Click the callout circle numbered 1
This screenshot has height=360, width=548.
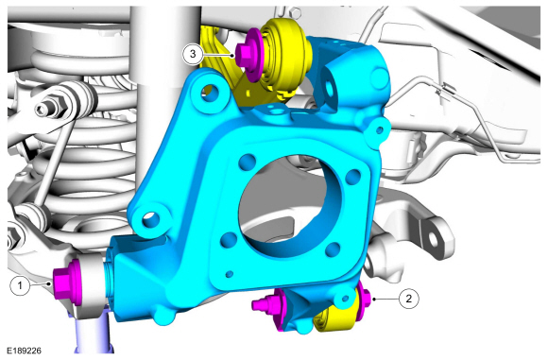(x=20, y=285)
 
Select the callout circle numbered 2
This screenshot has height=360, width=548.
(x=408, y=299)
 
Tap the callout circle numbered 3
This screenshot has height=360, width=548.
(x=193, y=54)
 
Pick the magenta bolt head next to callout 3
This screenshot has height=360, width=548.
(x=248, y=54)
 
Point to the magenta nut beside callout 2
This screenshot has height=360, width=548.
(x=364, y=299)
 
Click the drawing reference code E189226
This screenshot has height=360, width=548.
(x=25, y=351)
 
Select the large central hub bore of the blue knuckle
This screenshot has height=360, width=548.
(x=287, y=206)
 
